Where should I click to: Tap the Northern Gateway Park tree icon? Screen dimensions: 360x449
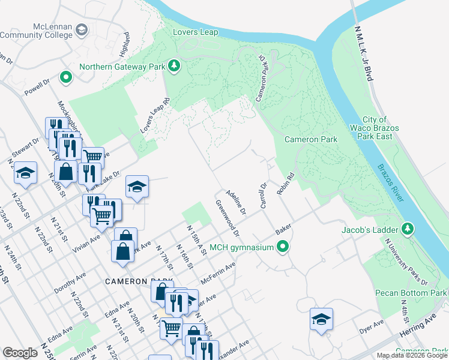pos(174,66)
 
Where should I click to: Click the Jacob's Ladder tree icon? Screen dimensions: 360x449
pos(408,229)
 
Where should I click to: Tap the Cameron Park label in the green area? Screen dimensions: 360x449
pos(310,139)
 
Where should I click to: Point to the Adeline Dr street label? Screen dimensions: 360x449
pos(235,202)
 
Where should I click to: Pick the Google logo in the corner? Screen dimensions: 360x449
pos(20,352)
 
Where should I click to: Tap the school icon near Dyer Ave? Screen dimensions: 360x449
pos(321,319)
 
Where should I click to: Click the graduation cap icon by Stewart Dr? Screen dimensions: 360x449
pos(25,173)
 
